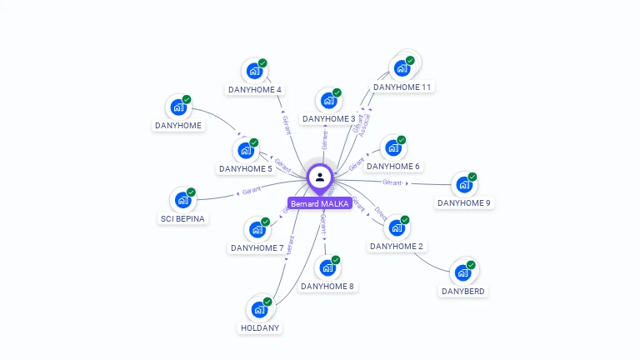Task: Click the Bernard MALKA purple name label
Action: (320, 203)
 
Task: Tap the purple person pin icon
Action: (320, 177)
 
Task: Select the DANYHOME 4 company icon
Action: (253, 71)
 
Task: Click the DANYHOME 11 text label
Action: (402, 87)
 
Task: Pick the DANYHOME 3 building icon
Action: (328, 101)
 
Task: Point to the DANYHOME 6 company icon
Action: (392, 148)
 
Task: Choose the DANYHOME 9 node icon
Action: (463, 185)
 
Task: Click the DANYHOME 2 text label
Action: (397, 247)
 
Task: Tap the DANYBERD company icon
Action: (462, 273)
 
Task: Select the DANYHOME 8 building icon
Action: (327, 268)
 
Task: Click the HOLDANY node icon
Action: (259, 310)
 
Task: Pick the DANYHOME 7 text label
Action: (257, 247)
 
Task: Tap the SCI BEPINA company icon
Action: (182, 200)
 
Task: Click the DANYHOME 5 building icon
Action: (245, 151)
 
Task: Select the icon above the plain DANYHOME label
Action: (178, 107)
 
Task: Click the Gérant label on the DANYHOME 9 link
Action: (392, 182)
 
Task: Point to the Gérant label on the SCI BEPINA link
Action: (252, 191)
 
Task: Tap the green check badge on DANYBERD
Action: (471, 265)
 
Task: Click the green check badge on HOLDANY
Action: (267, 302)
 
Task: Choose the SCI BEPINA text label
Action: (182, 218)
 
